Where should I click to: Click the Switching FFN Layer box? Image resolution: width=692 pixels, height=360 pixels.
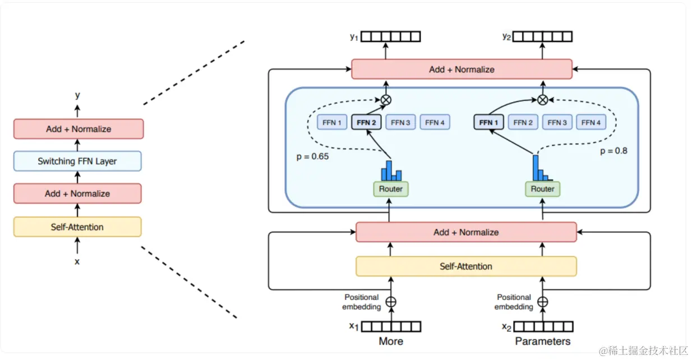tap(77, 161)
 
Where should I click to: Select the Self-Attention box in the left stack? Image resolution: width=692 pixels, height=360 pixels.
tap(77, 227)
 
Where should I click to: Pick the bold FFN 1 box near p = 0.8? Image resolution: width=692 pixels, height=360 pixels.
tap(489, 122)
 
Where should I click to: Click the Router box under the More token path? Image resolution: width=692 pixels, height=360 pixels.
tap(391, 189)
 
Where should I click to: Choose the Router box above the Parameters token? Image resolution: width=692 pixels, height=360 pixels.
tap(542, 189)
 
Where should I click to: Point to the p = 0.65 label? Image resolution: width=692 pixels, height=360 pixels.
tap(312, 156)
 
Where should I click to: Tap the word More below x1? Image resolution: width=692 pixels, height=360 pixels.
tap(391, 341)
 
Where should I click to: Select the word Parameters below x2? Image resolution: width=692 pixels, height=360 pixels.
tap(542, 341)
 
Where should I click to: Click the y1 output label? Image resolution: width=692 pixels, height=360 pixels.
tap(353, 37)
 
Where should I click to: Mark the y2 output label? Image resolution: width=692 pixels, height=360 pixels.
tap(507, 37)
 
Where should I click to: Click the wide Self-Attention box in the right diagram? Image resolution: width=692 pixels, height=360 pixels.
tap(466, 266)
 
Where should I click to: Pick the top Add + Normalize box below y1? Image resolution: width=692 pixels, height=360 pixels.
tap(462, 70)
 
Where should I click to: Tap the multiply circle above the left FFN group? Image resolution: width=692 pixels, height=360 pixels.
tap(386, 100)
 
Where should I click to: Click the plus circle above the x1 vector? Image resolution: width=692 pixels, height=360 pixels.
tap(391, 302)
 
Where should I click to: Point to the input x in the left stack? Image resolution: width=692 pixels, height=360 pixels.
tap(77, 261)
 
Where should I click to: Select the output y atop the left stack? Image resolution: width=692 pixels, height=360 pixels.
tap(77, 95)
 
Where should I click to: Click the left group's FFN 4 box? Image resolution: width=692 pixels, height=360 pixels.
tap(435, 122)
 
